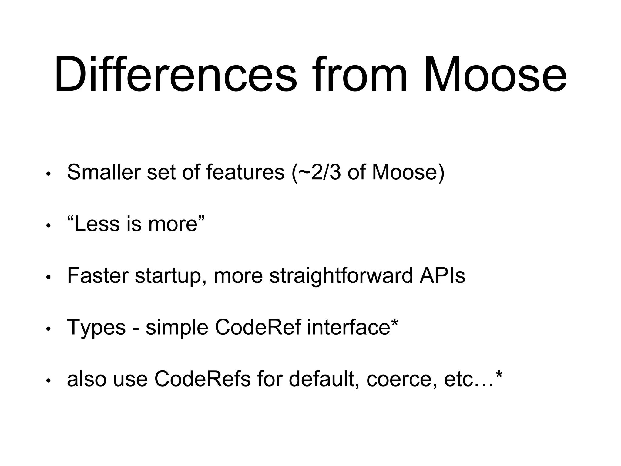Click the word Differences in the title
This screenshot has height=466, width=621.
(175, 74)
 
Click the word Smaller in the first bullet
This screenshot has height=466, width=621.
(103, 172)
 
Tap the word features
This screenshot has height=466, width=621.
(245, 172)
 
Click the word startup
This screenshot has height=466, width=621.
(169, 276)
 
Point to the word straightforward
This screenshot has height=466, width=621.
(341, 276)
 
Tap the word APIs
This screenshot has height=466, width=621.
(442, 275)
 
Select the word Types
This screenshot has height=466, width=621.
(96, 328)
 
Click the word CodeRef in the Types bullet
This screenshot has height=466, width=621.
(258, 327)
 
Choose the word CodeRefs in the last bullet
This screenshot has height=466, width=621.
(203, 379)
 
